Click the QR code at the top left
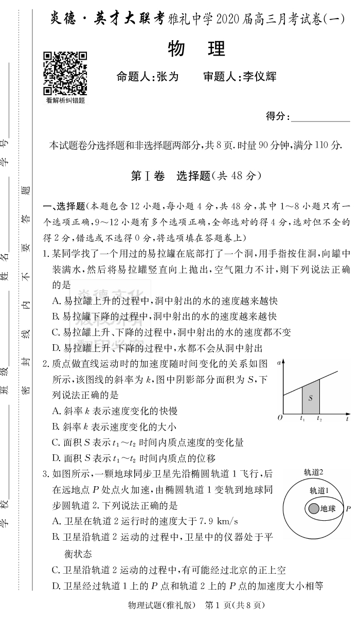(x=64, y=73)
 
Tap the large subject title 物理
(x=197, y=49)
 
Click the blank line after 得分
(x=320, y=117)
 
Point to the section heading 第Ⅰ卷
(x=148, y=175)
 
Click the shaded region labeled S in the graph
(x=310, y=397)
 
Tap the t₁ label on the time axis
(x=302, y=418)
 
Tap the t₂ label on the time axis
(x=319, y=418)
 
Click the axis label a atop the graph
(x=278, y=363)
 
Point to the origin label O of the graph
(x=280, y=418)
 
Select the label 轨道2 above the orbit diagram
(x=313, y=472)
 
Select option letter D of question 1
(x=56, y=348)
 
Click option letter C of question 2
(x=56, y=442)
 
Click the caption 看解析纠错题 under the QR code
(x=65, y=101)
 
